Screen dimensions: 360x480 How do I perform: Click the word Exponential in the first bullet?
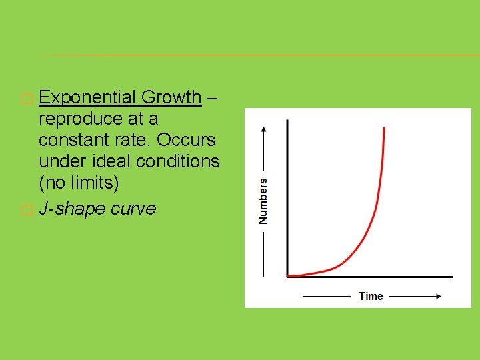click(x=87, y=97)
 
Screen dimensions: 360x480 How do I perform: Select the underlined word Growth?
click(x=171, y=97)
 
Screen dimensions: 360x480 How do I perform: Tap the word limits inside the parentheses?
click(x=93, y=183)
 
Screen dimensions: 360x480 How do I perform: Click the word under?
click(x=59, y=161)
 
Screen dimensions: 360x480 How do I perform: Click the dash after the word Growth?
click(x=211, y=97)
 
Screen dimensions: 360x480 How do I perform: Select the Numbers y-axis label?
click(x=263, y=200)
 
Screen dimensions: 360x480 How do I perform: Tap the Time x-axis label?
click(x=371, y=296)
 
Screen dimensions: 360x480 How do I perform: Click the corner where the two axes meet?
click(x=287, y=276)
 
